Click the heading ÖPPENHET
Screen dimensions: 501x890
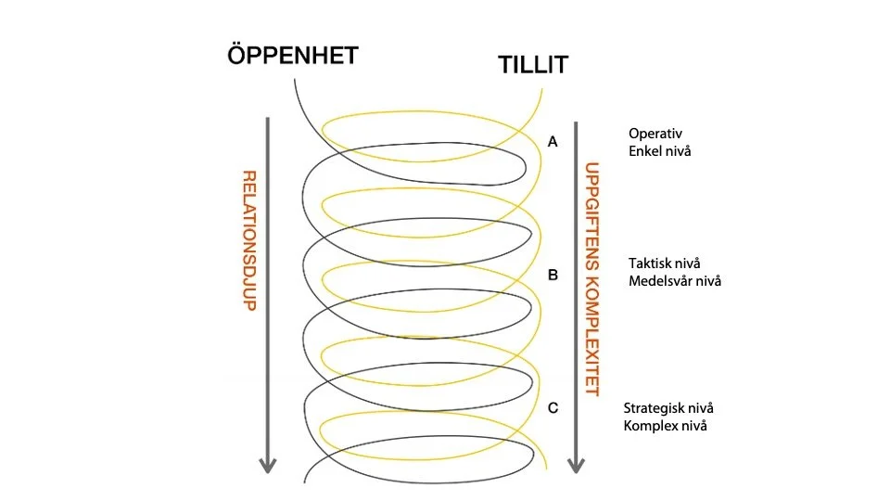tap(292, 56)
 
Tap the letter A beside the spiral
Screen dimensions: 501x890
tap(553, 143)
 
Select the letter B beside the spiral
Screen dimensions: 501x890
tap(553, 276)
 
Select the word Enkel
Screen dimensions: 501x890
tap(645, 149)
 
